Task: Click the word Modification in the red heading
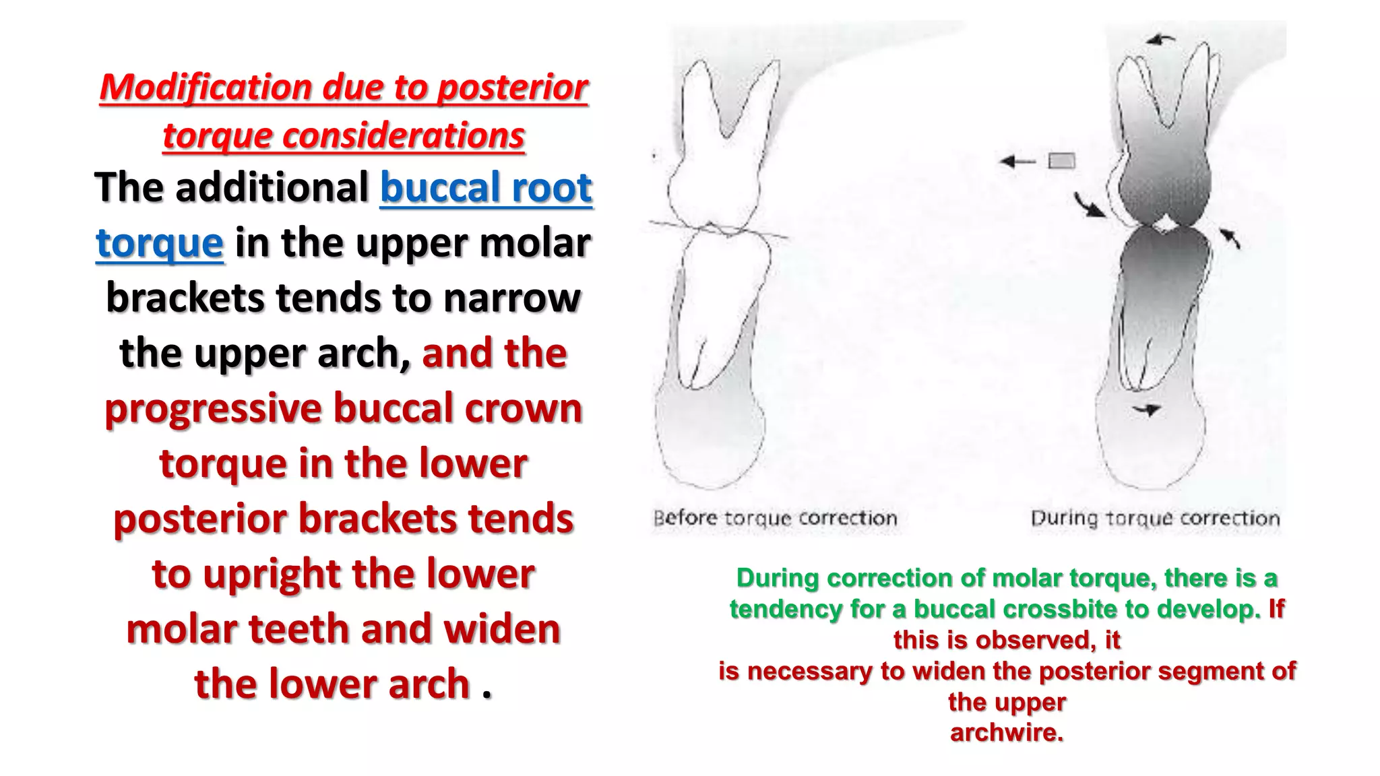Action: [205, 88]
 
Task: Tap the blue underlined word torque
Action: [160, 243]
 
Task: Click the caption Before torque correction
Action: [775, 518]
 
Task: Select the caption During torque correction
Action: [1155, 518]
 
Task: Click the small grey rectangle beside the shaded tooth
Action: [1061, 161]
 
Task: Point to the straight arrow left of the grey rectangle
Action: [1017, 161]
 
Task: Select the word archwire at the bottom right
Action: [1007, 732]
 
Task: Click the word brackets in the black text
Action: [185, 298]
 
